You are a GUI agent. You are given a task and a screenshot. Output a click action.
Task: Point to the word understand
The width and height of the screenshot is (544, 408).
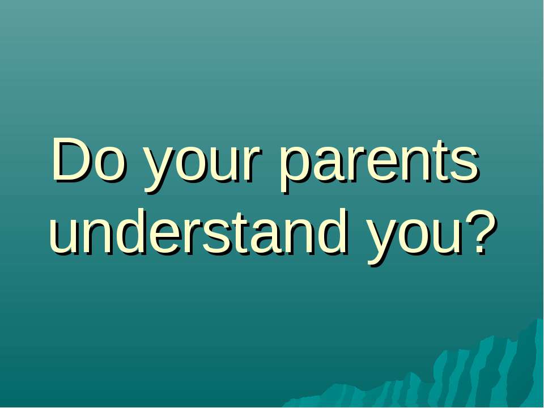(x=198, y=232)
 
